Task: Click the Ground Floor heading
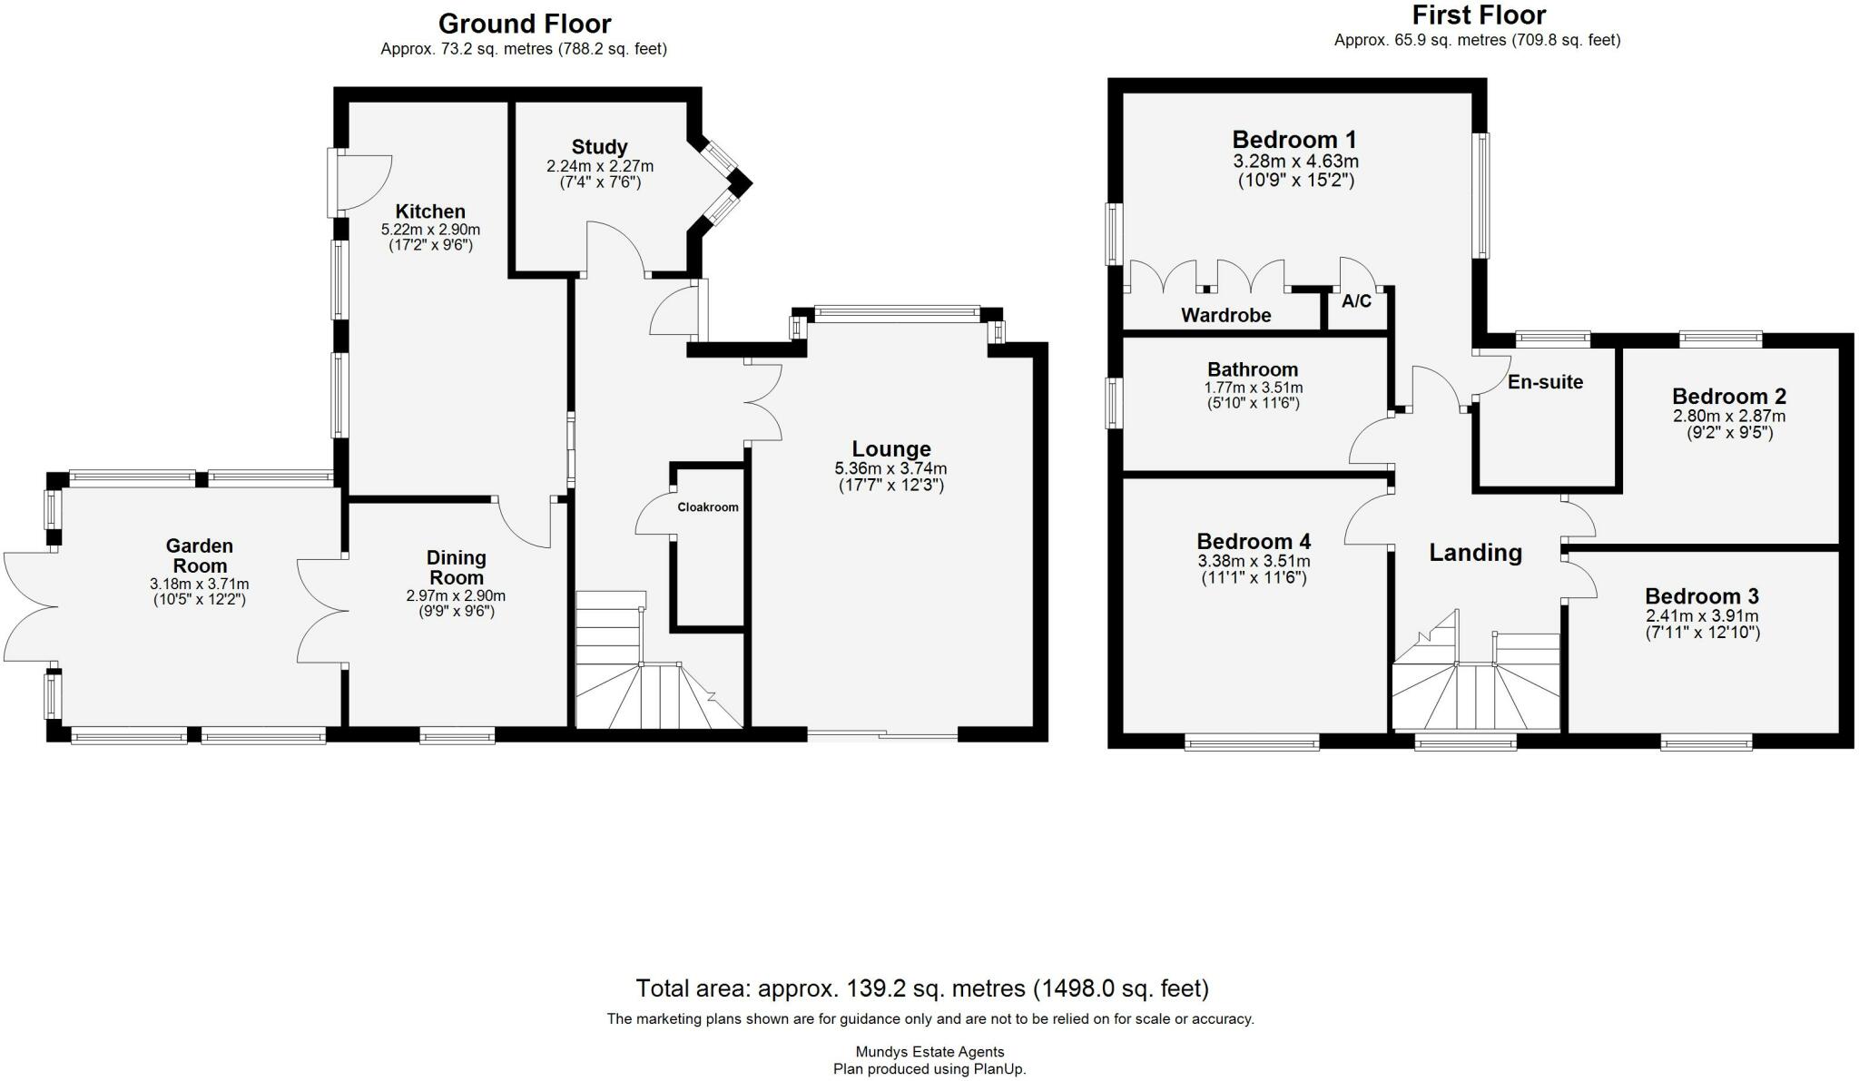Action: (525, 23)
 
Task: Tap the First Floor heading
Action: (1479, 15)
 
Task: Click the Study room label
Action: (599, 147)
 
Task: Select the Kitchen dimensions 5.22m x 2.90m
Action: (430, 230)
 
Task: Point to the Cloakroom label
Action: (708, 507)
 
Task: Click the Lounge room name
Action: (890, 448)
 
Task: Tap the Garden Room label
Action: (199, 555)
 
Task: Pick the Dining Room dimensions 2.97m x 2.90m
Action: (456, 595)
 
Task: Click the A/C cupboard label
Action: (1356, 301)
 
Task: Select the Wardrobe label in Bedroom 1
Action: (1225, 315)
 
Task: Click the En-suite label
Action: (1545, 382)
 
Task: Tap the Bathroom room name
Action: (1253, 369)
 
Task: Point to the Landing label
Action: (1475, 552)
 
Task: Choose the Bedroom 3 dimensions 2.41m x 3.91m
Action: (1702, 615)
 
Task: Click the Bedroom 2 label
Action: (1729, 397)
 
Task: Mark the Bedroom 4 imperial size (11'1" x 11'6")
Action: (1253, 577)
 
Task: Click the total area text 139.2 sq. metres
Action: (922, 988)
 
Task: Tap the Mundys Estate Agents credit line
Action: (929, 1052)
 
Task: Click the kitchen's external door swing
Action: (364, 182)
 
